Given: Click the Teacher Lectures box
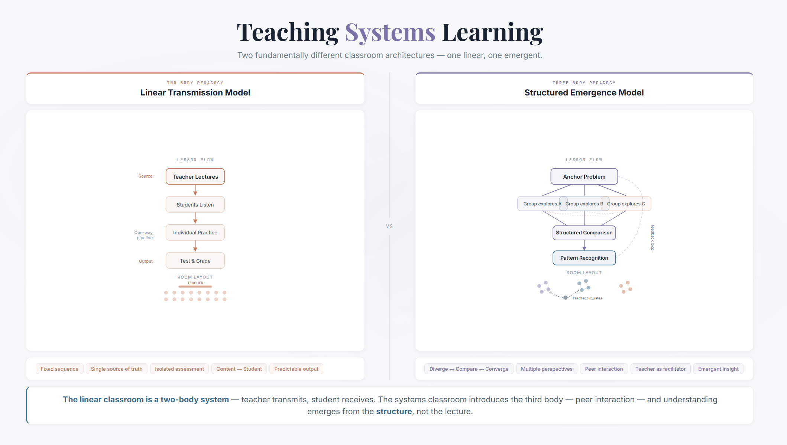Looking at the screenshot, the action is [195, 177].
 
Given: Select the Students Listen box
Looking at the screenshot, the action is [195, 205].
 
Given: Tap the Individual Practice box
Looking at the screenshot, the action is [195, 233].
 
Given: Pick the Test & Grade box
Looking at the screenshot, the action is [195, 261].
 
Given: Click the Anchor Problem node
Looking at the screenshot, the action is [584, 177].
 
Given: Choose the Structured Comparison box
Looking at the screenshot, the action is [584, 233].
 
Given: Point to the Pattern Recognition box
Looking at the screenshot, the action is [584, 258].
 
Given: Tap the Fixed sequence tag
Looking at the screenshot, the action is [59, 369].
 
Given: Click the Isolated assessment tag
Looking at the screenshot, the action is [179, 369].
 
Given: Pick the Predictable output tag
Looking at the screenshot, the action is [296, 369].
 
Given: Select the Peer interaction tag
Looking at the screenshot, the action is [604, 369].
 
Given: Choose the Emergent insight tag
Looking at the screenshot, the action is [718, 369].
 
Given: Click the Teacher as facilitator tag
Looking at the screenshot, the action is [660, 369].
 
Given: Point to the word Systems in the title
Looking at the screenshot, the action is [390, 33].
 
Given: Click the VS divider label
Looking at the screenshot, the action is [389, 226].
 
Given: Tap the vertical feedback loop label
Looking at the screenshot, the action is [652, 238].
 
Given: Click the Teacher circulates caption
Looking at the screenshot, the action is [587, 298].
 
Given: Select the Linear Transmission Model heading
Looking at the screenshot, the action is [195, 92].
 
